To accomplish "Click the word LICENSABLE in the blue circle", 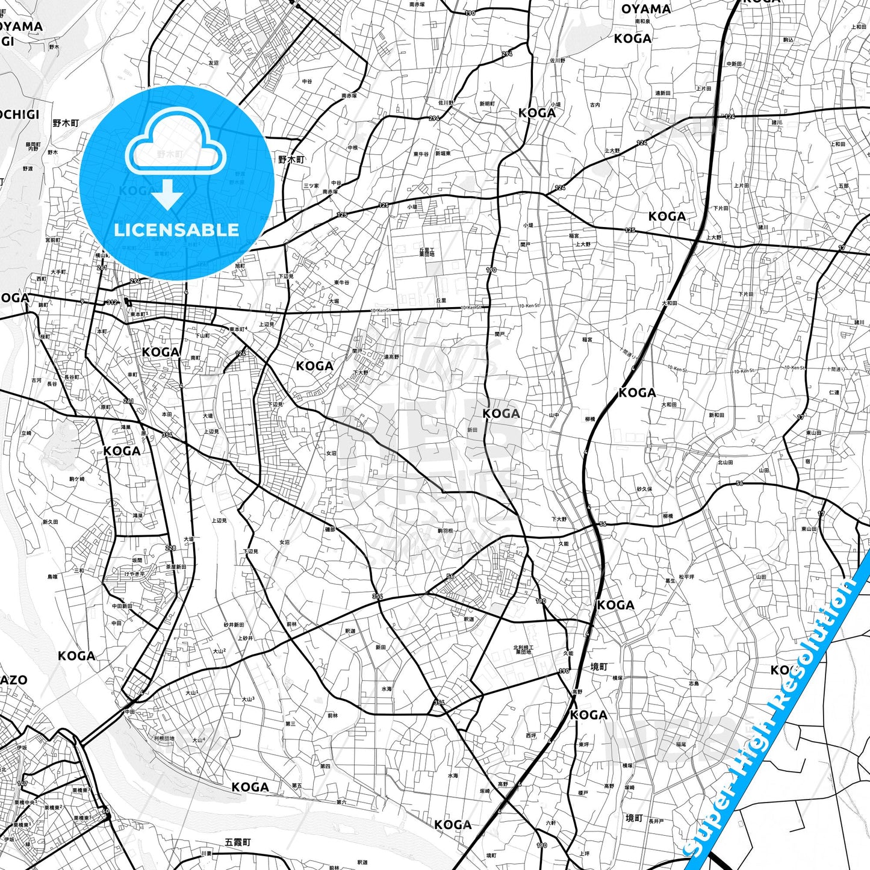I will click(x=176, y=230).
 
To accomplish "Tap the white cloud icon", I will click(x=175, y=147).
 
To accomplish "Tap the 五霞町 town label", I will click(x=237, y=842).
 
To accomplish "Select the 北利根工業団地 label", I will click(x=523, y=650).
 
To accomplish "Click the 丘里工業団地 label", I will click(x=427, y=252).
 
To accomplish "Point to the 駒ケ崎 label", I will click(x=77, y=479).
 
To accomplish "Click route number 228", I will click(x=170, y=548).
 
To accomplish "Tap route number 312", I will click(x=112, y=302).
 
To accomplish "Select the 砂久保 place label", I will click(x=644, y=489).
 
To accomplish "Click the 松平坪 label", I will click(x=686, y=577).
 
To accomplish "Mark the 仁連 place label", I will click(x=834, y=393).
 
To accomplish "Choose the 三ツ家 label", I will click(x=311, y=186).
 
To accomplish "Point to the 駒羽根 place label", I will click(x=445, y=531).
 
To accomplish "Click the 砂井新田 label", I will click(x=234, y=625).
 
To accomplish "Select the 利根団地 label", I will click(x=164, y=738).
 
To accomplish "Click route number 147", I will click(x=22, y=783).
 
